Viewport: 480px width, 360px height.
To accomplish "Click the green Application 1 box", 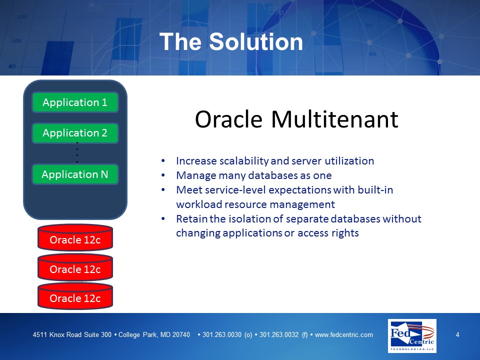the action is (x=75, y=102).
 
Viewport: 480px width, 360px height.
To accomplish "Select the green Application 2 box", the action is (x=75, y=133).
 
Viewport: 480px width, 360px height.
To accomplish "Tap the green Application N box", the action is (x=75, y=174).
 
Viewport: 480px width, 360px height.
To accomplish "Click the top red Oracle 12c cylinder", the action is (x=75, y=237).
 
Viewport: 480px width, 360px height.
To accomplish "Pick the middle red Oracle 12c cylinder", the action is (x=75, y=267).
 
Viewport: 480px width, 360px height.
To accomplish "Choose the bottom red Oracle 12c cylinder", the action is (x=75, y=296).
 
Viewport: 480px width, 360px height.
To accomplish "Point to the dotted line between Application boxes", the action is (x=77, y=152).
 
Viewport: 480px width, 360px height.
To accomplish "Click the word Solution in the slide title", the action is (x=256, y=41).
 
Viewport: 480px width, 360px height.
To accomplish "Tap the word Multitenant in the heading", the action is (x=334, y=119).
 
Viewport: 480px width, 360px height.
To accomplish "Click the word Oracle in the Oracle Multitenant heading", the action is (x=228, y=119).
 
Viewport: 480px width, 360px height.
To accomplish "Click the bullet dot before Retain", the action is (x=163, y=219).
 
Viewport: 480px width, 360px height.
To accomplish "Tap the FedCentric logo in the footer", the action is (x=412, y=336).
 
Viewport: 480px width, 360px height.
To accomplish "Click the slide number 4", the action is (x=457, y=334).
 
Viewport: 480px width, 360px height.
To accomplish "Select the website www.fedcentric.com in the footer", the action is (x=344, y=335).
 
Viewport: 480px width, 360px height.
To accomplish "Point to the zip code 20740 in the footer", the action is (x=181, y=335).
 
